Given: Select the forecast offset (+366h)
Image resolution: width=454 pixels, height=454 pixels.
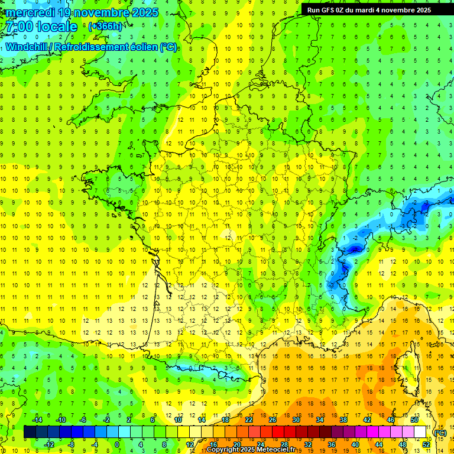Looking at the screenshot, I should click(x=106, y=27).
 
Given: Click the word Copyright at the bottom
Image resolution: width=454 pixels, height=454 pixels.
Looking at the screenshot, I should click(x=223, y=450).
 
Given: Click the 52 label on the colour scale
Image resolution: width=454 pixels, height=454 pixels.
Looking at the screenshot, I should click(x=426, y=445).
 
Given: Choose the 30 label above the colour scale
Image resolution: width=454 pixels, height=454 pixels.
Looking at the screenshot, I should click(x=296, y=420).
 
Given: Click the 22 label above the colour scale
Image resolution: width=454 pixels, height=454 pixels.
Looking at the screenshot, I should click(x=249, y=420).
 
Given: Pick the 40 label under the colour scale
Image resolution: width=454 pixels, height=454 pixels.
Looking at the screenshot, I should click(x=355, y=445).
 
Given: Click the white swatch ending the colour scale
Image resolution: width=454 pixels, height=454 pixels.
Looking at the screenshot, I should click(x=420, y=432).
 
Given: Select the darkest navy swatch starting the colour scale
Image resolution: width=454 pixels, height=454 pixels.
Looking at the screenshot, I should click(x=30, y=432).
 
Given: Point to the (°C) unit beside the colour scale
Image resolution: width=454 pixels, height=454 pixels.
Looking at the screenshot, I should click(x=440, y=432).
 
